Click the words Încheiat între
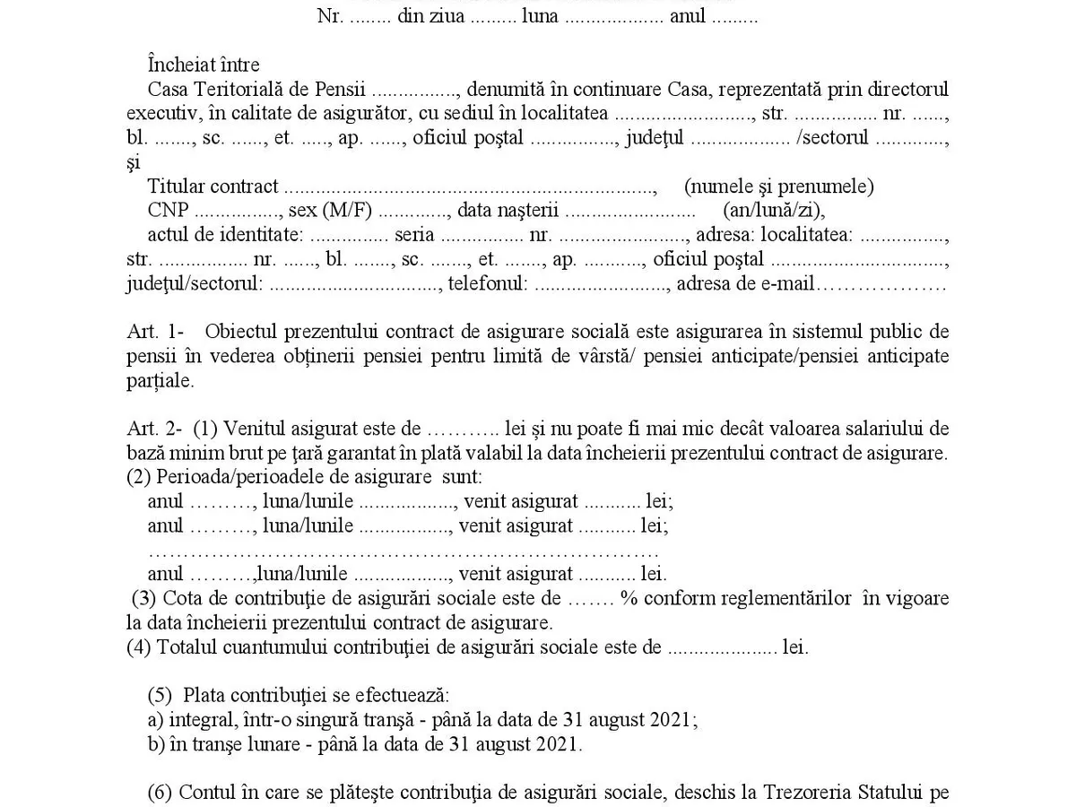point(204,65)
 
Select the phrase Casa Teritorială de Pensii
point(256,90)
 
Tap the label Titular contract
point(213,187)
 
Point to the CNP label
point(168,211)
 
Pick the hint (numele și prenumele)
point(778,187)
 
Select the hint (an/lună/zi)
point(773,211)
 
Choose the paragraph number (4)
point(139,647)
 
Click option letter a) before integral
point(154,720)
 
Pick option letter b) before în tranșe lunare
point(154,744)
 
